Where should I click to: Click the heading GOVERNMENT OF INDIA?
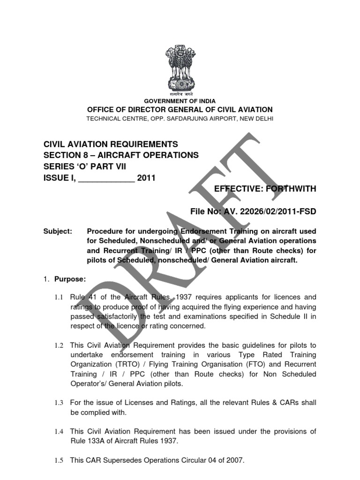pos(180,101)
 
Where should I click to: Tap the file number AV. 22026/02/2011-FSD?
pos(273,212)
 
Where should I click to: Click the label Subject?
pos(58,232)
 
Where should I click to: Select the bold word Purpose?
pos(70,279)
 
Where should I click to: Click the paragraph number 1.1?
pos(58,297)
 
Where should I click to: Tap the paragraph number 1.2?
pos(58,345)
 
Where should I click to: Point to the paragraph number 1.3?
pos(58,402)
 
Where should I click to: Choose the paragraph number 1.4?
pos(58,431)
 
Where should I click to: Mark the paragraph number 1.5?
pos(58,460)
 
